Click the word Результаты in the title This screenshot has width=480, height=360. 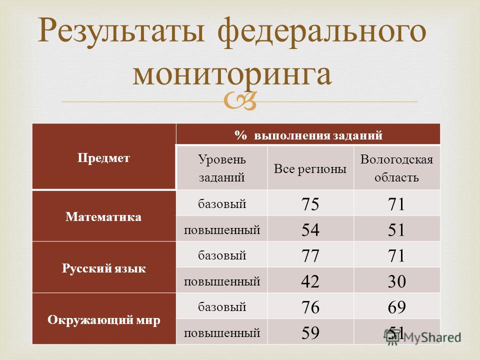[120, 30]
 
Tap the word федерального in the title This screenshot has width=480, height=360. [322, 32]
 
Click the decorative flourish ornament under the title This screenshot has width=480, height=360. [239, 101]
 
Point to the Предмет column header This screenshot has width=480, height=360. [104, 158]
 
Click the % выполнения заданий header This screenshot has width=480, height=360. [308, 134]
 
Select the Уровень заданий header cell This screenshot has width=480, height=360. [221, 168]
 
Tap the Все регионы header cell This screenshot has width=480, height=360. [310, 168]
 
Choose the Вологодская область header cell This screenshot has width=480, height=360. [396, 168]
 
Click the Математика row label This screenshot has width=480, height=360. [103, 216]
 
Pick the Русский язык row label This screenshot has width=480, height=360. [104, 268]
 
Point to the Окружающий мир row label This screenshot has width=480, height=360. [104, 320]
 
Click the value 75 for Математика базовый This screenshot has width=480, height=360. [310, 204]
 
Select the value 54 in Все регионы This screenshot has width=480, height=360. [310, 230]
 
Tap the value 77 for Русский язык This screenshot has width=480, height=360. [310, 255]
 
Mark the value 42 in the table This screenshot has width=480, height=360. [310, 281]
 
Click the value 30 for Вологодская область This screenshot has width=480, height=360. [396, 281]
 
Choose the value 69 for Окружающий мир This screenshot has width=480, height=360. [396, 307]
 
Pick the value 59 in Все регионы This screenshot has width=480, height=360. [310, 333]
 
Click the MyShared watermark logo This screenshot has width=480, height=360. [422, 337]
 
